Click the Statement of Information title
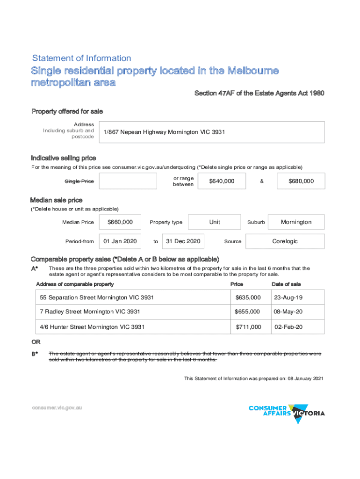(81, 58)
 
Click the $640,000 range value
(222, 181)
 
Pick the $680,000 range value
(301, 181)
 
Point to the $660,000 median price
(120, 222)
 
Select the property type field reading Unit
(215, 222)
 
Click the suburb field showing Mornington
(296, 222)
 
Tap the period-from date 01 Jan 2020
(120, 241)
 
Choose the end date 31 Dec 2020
(183, 241)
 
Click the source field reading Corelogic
(285, 241)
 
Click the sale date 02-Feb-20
(288, 327)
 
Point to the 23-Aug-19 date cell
(288, 298)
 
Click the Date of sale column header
(286, 284)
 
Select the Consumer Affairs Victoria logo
(287, 413)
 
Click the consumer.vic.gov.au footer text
(57, 408)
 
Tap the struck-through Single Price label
(79, 181)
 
